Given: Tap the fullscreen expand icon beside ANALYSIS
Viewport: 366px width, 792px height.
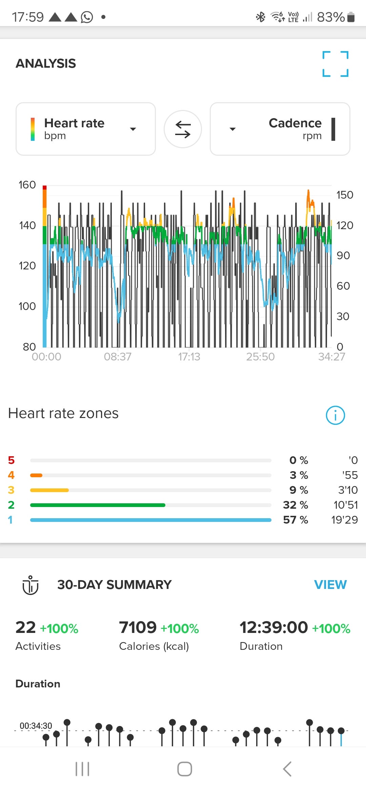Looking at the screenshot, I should pos(335,64).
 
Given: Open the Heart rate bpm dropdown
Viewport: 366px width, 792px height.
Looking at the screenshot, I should pos(86,129).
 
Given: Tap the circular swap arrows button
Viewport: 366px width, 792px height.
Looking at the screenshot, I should pos(183,129).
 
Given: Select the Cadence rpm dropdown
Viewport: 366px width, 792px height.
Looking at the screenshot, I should pos(280,129).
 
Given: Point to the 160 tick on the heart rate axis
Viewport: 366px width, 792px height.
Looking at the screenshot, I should pos(27,185).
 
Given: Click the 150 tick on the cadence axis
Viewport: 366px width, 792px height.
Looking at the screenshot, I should pos(344,195).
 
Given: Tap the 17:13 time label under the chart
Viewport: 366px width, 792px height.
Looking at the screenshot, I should pos(189,357).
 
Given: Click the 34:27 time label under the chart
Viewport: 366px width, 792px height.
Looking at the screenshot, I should pos(331,357).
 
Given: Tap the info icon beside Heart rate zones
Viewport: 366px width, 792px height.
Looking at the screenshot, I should pos(335,415).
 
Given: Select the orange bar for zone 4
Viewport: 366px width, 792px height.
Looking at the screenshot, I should pos(36,475).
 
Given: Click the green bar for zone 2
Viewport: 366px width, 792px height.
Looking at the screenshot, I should pos(98,505).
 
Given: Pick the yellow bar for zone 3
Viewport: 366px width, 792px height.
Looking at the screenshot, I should pos(49,490).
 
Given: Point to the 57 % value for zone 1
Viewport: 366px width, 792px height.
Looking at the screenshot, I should pos(296,520).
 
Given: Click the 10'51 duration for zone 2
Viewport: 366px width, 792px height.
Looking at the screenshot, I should pos(345,505).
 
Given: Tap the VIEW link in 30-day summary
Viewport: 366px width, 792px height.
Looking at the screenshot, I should pos(330,585).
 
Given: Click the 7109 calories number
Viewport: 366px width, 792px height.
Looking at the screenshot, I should pos(138,628).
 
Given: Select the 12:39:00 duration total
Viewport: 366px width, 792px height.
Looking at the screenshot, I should pos(273,628).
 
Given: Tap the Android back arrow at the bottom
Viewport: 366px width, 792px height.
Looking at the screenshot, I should pos(287,769).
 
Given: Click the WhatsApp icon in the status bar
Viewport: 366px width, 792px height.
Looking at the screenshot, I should pos(87,17).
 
